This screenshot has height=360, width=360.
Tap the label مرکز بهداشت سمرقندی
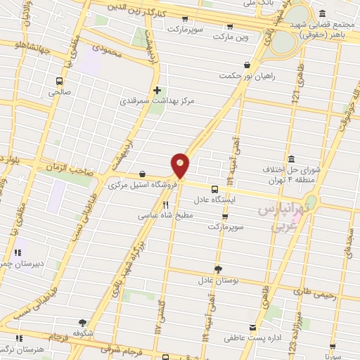point(176,101)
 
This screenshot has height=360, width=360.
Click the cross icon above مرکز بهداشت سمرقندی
point(157,90)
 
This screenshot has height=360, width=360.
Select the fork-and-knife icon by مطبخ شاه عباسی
point(166,205)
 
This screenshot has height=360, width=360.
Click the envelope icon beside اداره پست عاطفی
point(252,328)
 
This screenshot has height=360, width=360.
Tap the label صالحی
point(60,91)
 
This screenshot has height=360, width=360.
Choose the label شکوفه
point(82,333)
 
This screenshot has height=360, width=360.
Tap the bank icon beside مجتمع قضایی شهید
point(321,13)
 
